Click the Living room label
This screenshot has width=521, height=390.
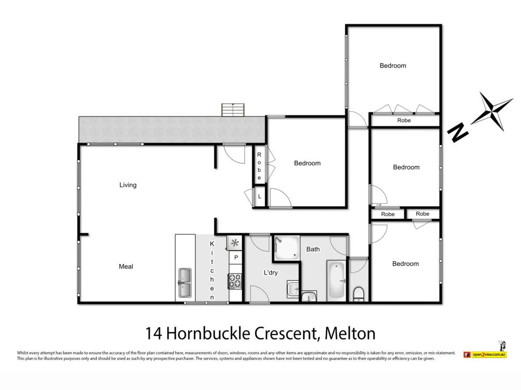point(128,185)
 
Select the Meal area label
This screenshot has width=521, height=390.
point(126,266)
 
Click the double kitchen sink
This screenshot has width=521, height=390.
point(185,283)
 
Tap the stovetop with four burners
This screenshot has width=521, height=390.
point(235,281)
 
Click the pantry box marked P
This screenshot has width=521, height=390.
point(235,257)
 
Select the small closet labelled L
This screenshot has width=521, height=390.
point(259,197)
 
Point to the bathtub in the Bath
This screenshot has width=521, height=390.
point(336,281)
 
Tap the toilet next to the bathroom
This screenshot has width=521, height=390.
point(358,294)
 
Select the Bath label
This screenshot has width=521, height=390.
point(313,249)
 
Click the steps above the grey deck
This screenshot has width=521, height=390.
point(233,110)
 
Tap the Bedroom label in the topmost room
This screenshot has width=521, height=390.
point(393,66)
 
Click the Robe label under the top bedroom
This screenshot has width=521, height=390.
point(404,120)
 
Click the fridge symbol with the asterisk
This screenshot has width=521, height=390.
point(235,243)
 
